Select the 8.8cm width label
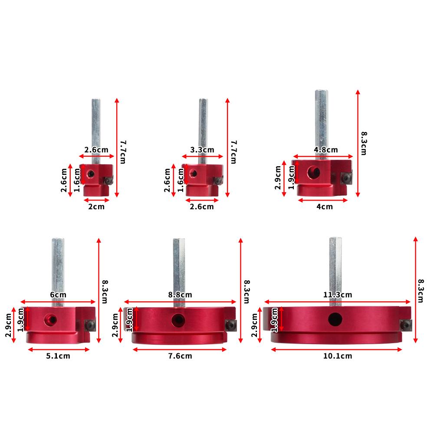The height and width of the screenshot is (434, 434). point(180,295)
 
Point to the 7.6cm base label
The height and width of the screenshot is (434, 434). point(180,356)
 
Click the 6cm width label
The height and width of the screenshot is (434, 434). point(58,295)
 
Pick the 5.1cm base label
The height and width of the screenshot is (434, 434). point(58,356)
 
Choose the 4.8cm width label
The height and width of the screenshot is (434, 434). point(325,150)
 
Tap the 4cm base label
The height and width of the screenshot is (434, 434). point(325,207)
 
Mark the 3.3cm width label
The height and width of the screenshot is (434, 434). point(202,150)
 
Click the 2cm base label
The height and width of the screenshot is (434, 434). point(96,207)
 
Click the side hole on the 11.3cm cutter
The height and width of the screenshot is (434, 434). point(335,319)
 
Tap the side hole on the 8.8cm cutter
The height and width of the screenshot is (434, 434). point(178,321)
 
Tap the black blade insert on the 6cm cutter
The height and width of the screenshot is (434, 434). point(91,325)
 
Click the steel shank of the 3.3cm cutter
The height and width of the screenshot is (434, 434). point(203,126)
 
